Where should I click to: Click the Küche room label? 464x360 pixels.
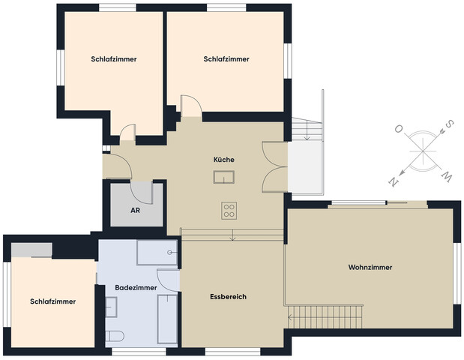(224, 160)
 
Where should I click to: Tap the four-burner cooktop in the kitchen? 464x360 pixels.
(229, 211)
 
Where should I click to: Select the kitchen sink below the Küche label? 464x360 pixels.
(224, 177)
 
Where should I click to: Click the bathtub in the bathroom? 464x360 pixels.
(166, 320)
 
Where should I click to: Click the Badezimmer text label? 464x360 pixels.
(136, 287)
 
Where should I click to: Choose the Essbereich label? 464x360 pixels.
(228, 297)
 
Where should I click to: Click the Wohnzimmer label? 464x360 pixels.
(370, 268)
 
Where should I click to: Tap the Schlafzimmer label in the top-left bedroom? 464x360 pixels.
(114, 58)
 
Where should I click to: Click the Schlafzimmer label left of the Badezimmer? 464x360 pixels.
(52, 301)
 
